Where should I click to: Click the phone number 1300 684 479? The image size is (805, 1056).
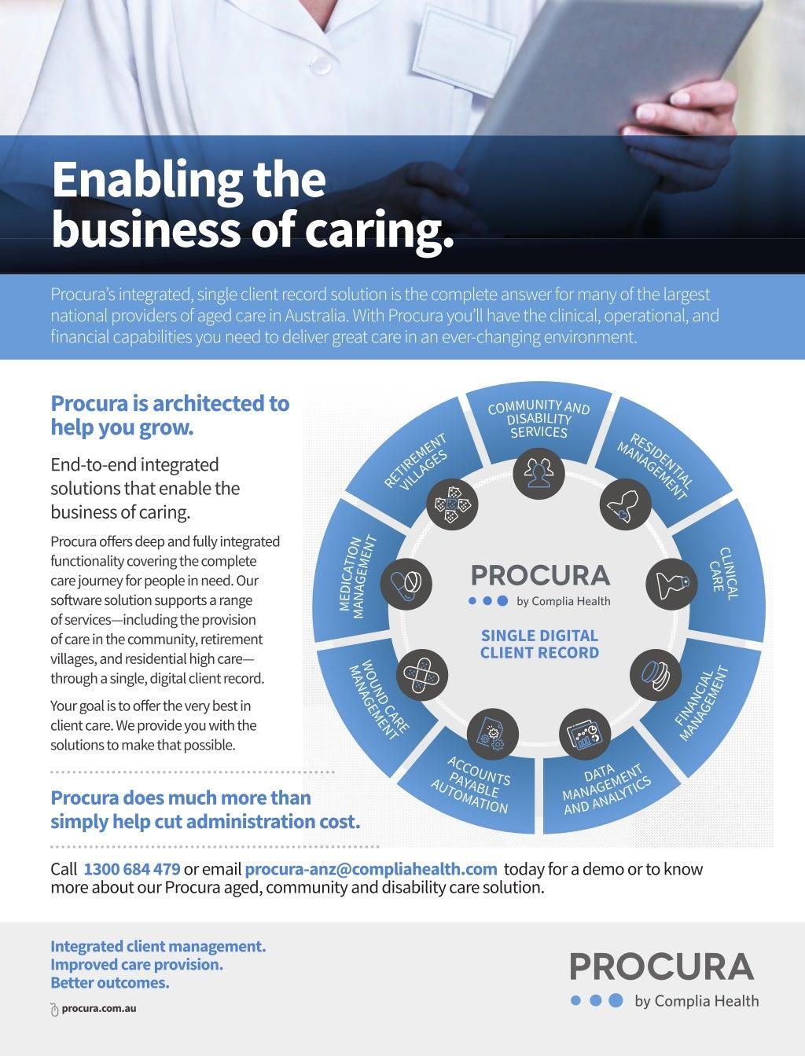tap(131, 869)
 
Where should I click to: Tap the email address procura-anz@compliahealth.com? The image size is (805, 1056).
tap(371, 869)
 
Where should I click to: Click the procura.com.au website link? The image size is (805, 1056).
tap(99, 1007)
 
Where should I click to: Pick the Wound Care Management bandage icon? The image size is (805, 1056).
tap(425, 674)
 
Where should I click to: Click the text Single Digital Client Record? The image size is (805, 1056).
tap(539, 643)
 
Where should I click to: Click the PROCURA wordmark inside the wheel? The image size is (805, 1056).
tap(539, 575)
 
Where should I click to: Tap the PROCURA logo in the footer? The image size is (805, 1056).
tap(661, 966)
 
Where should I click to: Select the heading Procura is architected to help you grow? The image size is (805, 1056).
tap(170, 416)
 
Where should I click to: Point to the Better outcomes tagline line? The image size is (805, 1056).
tap(109, 982)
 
